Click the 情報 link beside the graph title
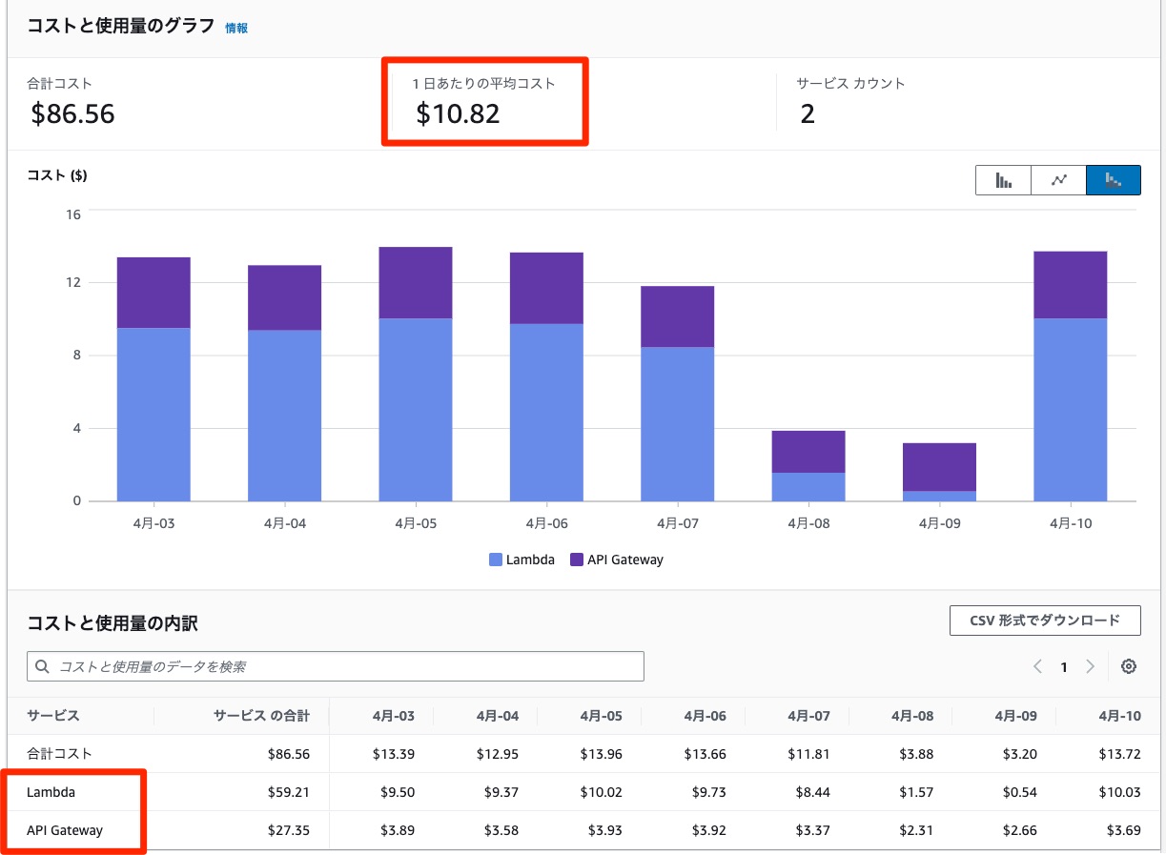pyautogui.click(x=236, y=29)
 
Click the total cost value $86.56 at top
pyautogui.click(x=72, y=114)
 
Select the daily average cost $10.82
pyautogui.click(x=458, y=114)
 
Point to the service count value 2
pyautogui.click(x=808, y=114)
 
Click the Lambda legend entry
pyautogui.click(x=522, y=560)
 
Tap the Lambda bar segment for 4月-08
pyautogui.click(x=808, y=486)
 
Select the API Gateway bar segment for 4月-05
pyautogui.click(x=415, y=282)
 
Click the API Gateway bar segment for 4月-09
pyautogui.click(x=939, y=467)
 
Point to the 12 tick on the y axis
pyautogui.click(x=72, y=282)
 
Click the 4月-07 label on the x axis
pyautogui.click(x=677, y=523)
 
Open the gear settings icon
pyautogui.click(x=1129, y=667)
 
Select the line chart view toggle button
pyautogui.click(x=1058, y=180)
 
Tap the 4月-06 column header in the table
pyautogui.click(x=705, y=716)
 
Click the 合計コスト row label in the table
pyautogui.click(x=60, y=754)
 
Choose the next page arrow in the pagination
pyautogui.click(x=1090, y=667)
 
